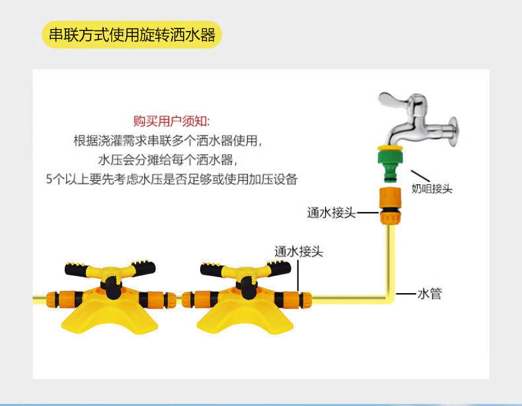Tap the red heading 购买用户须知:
(171, 121)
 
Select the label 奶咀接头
(431, 189)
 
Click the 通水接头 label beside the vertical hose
(331, 213)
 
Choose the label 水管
(429, 294)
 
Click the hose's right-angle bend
(390, 298)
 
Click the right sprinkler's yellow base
(241, 320)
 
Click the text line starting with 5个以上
(171, 178)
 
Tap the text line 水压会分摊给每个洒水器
(167, 160)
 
